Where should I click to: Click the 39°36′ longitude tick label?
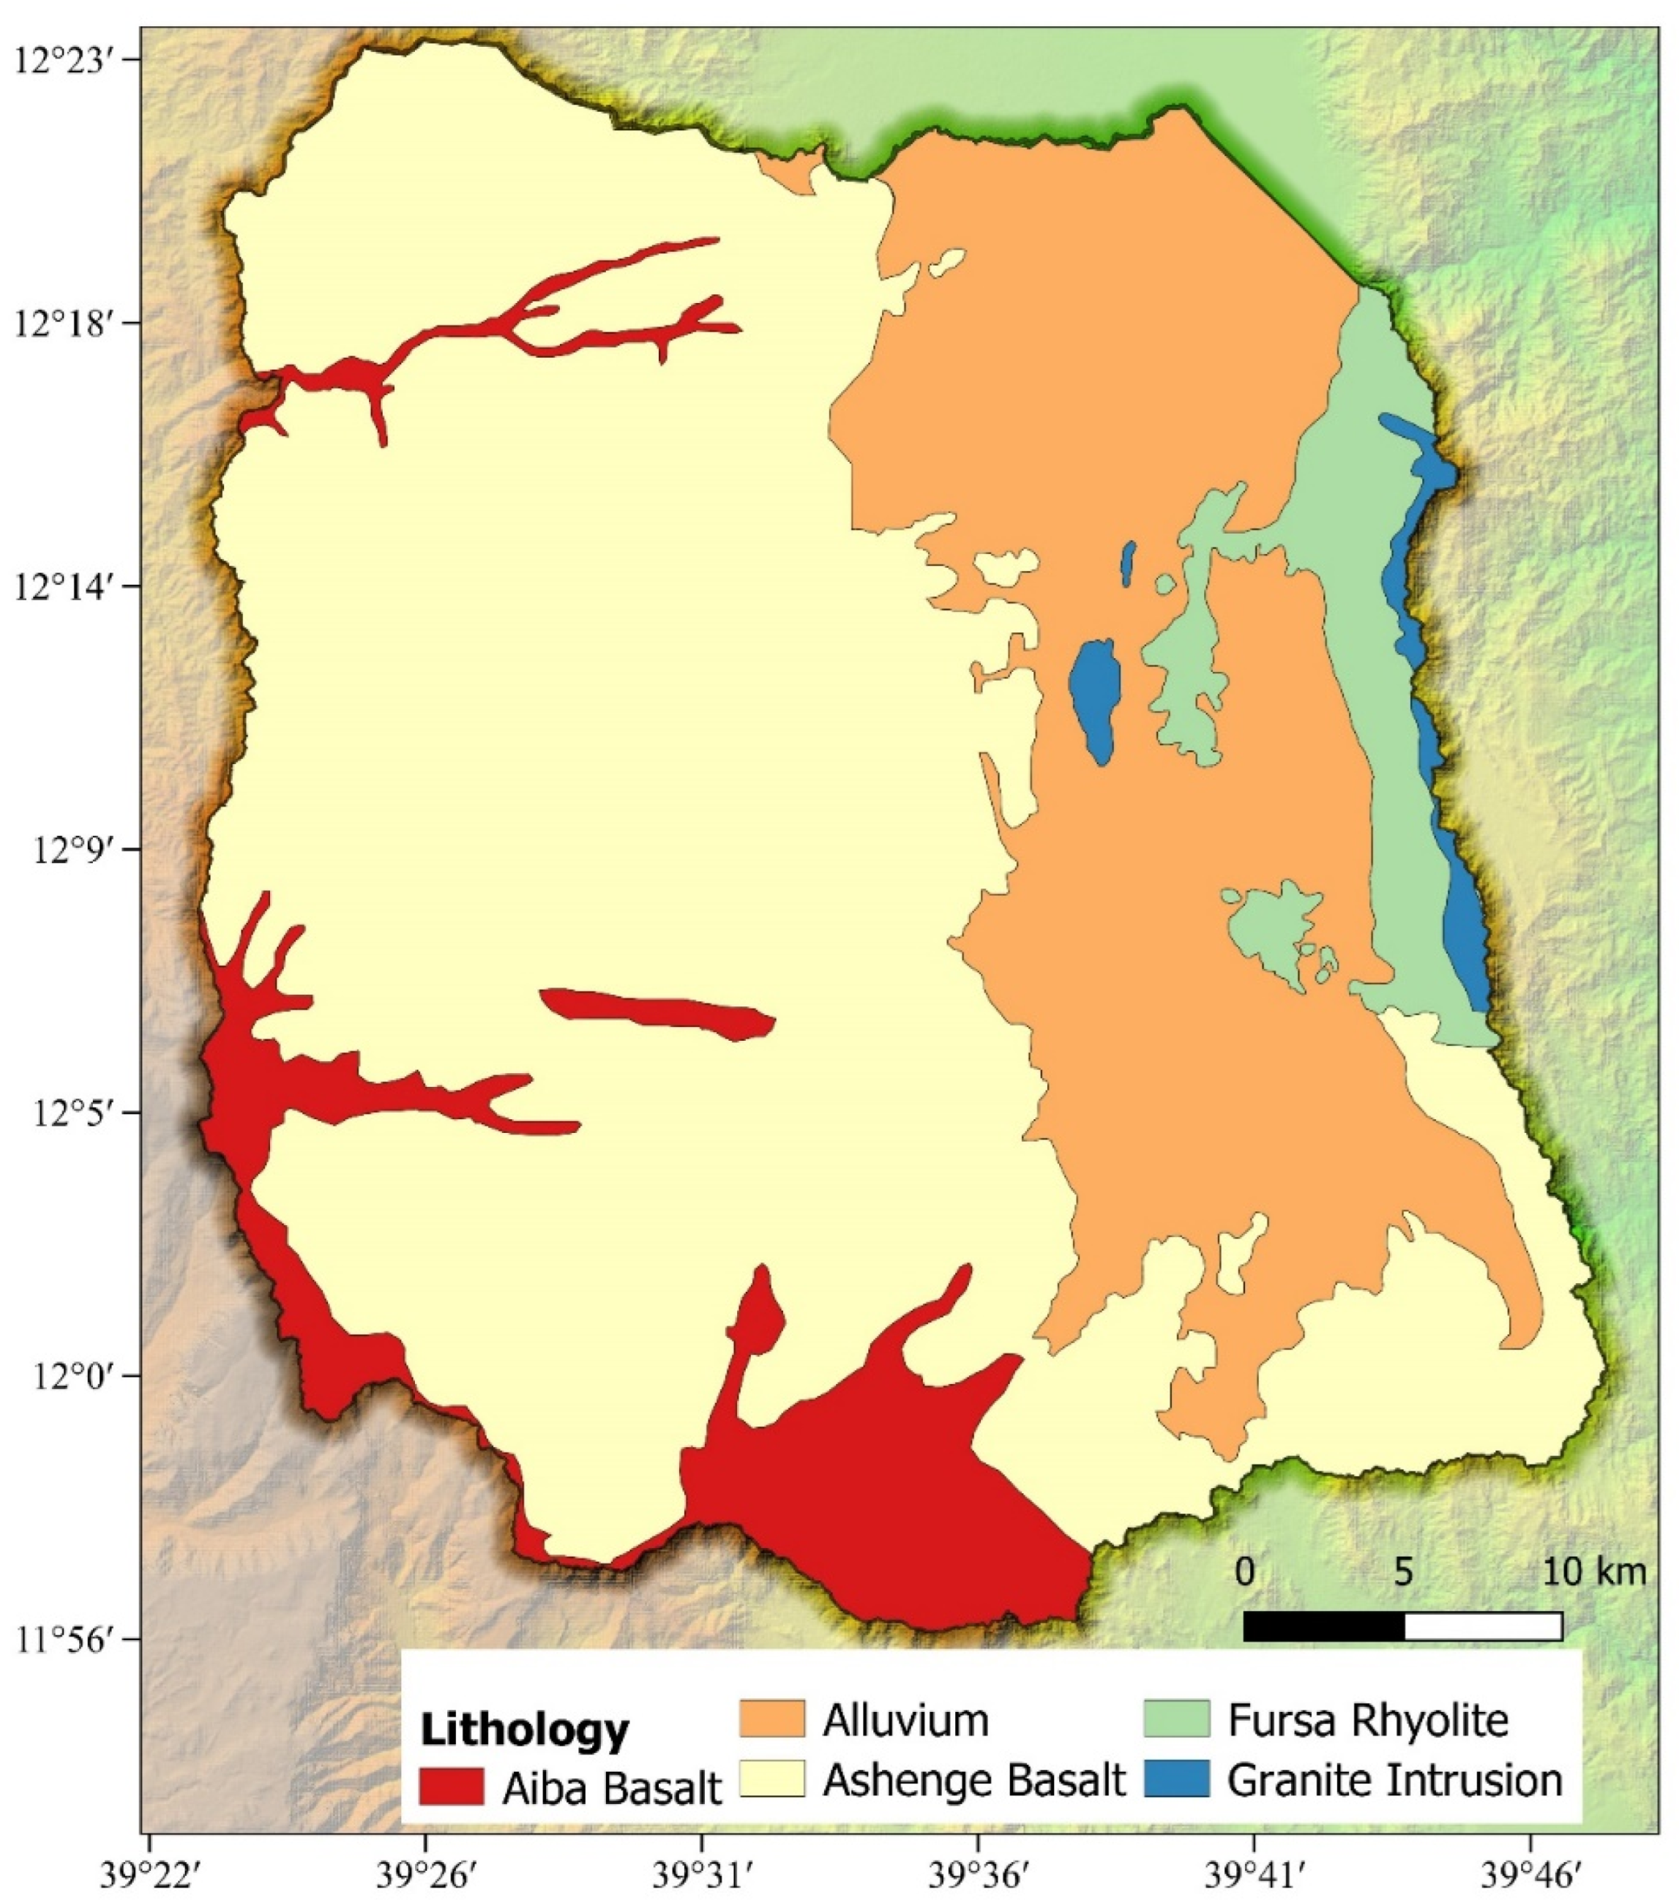pyautogui.click(x=977, y=1872)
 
